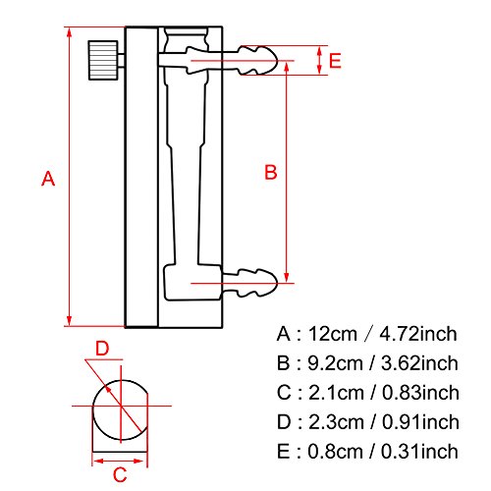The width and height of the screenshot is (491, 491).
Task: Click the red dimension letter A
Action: (48, 179)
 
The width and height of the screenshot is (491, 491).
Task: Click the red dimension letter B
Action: (271, 172)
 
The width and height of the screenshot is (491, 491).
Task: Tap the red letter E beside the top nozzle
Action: (335, 61)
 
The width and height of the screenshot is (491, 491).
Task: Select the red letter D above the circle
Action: (102, 349)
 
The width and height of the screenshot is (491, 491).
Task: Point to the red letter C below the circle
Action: (120, 474)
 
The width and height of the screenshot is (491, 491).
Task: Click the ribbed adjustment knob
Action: (103, 60)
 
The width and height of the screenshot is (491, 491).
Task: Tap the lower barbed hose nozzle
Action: (250, 283)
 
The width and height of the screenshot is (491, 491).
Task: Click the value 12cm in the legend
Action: (332, 334)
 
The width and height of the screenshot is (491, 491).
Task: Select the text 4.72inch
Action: (418, 334)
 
